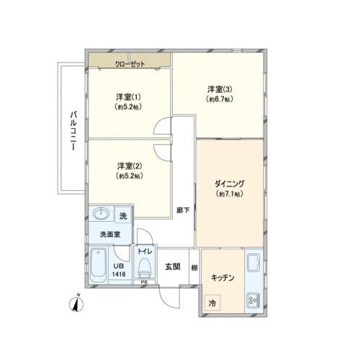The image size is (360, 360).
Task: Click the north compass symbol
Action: [x=76, y=304]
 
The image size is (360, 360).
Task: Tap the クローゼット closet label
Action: [x=130, y=64]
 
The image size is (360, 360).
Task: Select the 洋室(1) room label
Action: [x=128, y=97]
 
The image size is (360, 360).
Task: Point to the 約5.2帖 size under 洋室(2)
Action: [x=130, y=176]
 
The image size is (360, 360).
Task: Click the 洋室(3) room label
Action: [x=220, y=89]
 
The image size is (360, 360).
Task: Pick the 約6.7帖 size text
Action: [x=220, y=99]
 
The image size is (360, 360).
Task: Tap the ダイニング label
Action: [x=229, y=184]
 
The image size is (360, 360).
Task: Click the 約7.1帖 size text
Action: [x=230, y=194]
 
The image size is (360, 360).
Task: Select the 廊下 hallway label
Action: [x=183, y=210]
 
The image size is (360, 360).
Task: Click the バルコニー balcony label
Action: [x=73, y=131]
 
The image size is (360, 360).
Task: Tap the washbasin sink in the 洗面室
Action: [x=102, y=213]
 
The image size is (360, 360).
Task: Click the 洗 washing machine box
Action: [x=123, y=216]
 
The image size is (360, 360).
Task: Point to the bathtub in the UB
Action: [x=99, y=266]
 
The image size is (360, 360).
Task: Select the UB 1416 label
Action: [x=119, y=270]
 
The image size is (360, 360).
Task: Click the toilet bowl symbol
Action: [x=145, y=268]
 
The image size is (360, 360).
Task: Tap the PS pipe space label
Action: [x=144, y=282]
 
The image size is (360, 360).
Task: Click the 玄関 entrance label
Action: [x=173, y=266]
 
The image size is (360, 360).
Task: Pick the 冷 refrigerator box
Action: [x=212, y=303]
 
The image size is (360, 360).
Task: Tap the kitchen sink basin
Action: [x=253, y=263]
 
